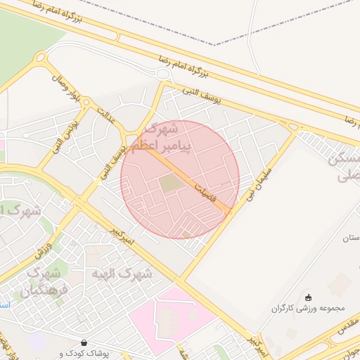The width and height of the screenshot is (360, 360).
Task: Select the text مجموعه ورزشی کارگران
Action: [x=307, y=308]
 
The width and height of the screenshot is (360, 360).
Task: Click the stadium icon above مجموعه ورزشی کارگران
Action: [x=308, y=297]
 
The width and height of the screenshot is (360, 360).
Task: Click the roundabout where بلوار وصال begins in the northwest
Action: [x=41, y=58]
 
